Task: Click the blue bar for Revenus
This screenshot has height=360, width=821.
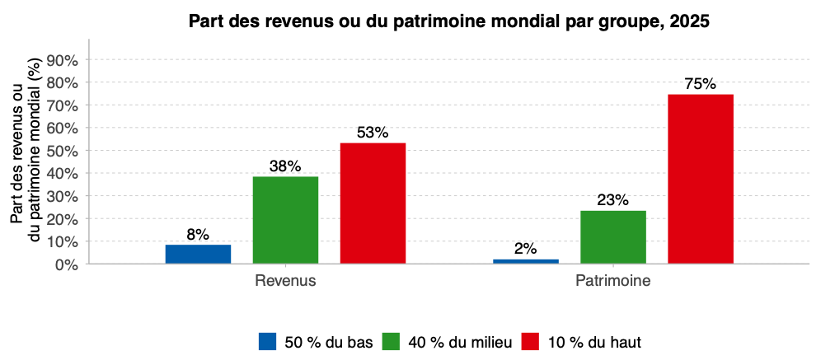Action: point(198,254)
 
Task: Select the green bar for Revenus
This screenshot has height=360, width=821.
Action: point(285,220)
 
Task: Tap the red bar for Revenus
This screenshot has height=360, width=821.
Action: point(373,203)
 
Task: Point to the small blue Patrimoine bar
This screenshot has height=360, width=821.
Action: point(526,261)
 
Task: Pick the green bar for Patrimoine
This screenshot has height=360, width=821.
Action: point(613,237)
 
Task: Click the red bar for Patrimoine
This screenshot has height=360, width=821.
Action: point(701,179)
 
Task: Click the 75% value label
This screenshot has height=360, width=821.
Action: point(701,84)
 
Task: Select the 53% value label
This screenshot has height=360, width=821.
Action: point(373,133)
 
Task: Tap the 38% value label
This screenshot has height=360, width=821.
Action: point(285,166)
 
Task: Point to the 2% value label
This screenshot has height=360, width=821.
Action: point(526,249)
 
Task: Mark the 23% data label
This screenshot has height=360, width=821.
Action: point(613,200)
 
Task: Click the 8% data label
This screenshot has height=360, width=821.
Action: point(198,235)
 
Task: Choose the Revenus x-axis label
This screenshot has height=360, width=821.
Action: point(285,281)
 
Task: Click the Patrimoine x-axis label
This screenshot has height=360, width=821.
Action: point(613,281)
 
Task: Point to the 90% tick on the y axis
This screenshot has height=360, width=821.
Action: point(63,60)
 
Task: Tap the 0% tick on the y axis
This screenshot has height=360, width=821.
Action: point(66,264)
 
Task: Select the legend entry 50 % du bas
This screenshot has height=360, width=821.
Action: point(317,341)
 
